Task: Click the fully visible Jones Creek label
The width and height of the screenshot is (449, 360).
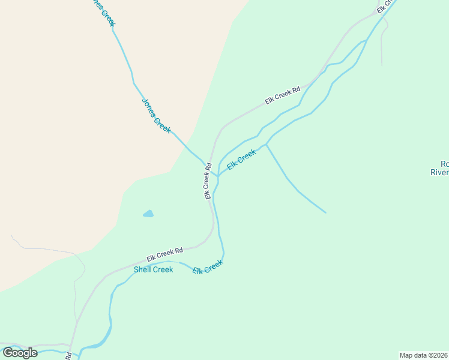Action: pos(156,115)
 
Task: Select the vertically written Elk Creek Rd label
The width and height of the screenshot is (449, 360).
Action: pos(208,181)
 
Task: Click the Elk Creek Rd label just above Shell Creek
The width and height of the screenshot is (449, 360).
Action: pos(164,254)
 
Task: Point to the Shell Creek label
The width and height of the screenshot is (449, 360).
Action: pos(153,269)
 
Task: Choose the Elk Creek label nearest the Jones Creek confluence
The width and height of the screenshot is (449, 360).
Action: pos(241,158)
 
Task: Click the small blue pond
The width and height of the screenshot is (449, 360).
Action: pos(148,214)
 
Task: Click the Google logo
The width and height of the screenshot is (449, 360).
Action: pos(20,353)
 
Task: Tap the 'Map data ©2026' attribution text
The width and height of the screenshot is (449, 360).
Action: pos(423,355)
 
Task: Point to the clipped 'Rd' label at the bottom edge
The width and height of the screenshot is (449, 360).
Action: pos(68,356)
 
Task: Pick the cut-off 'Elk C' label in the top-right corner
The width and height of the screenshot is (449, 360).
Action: pos(386,6)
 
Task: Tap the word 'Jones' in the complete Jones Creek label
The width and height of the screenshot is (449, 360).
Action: pos(148,104)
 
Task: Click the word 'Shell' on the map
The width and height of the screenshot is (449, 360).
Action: pos(143,269)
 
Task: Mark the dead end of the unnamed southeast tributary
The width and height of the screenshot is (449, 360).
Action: pos(325,212)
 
